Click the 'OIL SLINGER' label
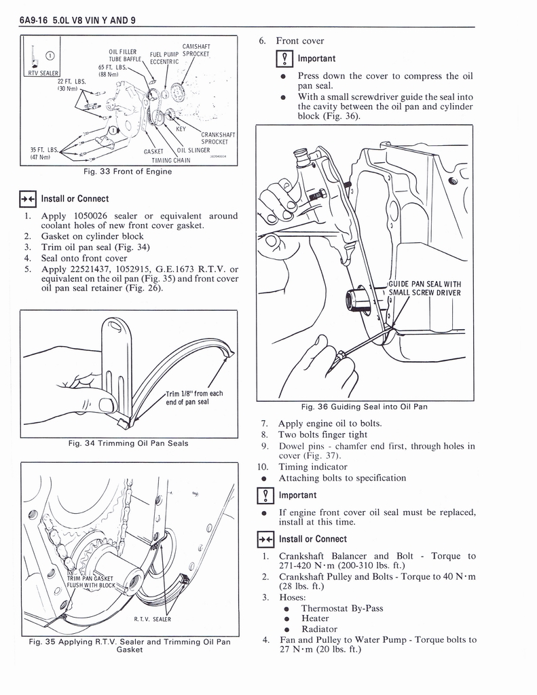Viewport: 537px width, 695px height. [x=193, y=151]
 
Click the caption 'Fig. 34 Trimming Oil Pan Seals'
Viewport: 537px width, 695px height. [x=128, y=444]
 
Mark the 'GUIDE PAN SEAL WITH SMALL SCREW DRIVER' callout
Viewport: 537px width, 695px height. [x=424, y=288]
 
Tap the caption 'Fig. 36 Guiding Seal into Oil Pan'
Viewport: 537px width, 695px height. [x=364, y=407]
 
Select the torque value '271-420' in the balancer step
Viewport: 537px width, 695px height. [x=295, y=566]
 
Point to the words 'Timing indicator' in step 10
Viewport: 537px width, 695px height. [x=313, y=467]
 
